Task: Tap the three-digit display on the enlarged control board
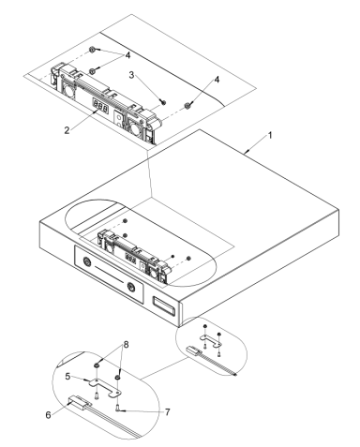(x=100, y=107)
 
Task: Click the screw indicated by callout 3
(x=161, y=99)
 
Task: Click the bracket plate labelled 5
(x=95, y=382)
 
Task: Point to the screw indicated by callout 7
(x=117, y=406)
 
